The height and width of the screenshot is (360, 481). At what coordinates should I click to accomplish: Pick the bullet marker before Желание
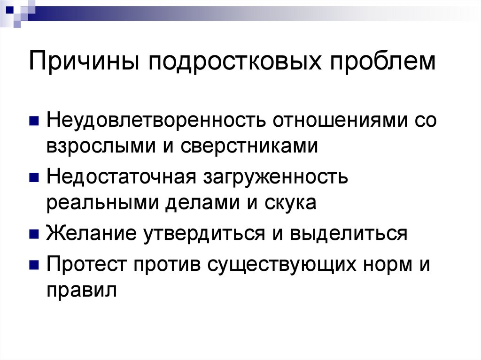click(x=34, y=234)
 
